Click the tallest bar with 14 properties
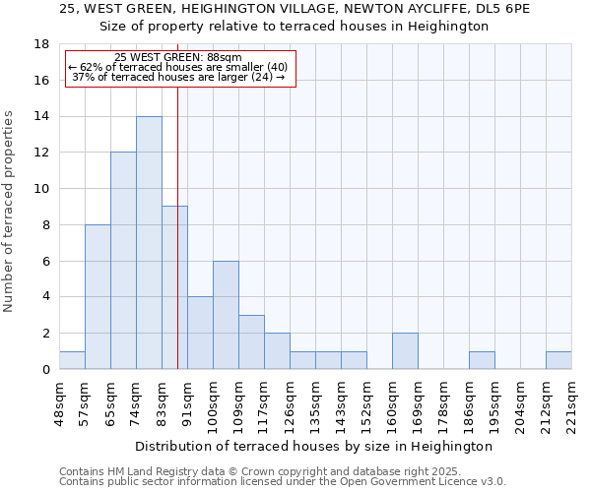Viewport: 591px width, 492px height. pyautogui.click(x=149, y=243)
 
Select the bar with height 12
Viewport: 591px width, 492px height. pyautogui.click(x=123, y=261)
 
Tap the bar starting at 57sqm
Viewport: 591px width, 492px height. pyautogui.click(x=98, y=297)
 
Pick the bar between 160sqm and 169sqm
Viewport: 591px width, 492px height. pyautogui.click(x=405, y=351)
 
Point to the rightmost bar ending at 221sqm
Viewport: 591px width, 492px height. pyautogui.click(x=558, y=360)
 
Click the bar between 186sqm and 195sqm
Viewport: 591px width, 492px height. pyautogui.click(x=482, y=360)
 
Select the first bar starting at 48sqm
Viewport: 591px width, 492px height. pyautogui.click(x=72, y=360)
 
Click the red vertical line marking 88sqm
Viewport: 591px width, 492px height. pyautogui.click(x=177, y=246)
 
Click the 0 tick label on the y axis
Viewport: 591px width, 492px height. pyautogui.click(x=45, y=370)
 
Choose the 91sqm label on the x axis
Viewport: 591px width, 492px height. pyautogui.click(x=188, y=401)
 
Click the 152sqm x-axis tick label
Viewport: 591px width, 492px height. pyautogui.click(x=367, y=403)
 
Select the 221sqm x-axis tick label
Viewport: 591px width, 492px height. pyautogui.click(x=572, y=403)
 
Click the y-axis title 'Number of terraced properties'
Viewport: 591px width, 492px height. pyautogui.click(x=10, y=212)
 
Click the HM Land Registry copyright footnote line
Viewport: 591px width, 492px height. pyautogui.click(x=246, y=472)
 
